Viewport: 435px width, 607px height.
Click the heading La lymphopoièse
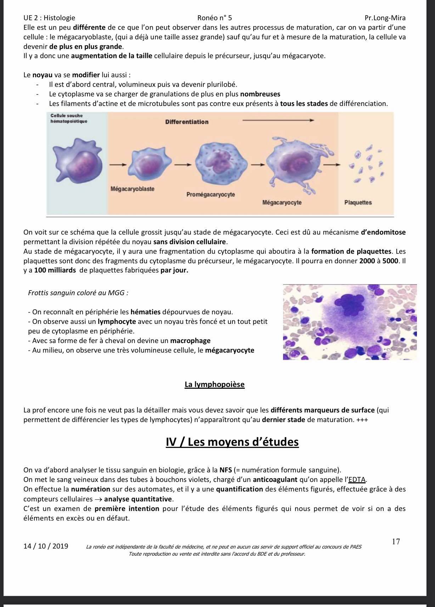point(214,384)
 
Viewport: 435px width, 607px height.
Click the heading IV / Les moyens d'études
point(232,442)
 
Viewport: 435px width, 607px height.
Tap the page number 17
point(396,541)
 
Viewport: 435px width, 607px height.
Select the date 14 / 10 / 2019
point(46,546)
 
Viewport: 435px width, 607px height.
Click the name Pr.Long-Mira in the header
point(385,18)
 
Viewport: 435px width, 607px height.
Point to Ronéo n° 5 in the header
point(215,18)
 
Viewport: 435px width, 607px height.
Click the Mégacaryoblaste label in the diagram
point(132,189)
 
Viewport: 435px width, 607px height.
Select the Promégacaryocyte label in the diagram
point(211,195)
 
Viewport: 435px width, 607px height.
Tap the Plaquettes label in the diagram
point(358,203)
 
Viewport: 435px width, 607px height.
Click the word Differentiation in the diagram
point(187,122)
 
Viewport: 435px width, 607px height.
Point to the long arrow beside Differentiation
point(278,120)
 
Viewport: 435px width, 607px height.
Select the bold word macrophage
point(190,341)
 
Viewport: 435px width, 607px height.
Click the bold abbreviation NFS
point(225,470)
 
